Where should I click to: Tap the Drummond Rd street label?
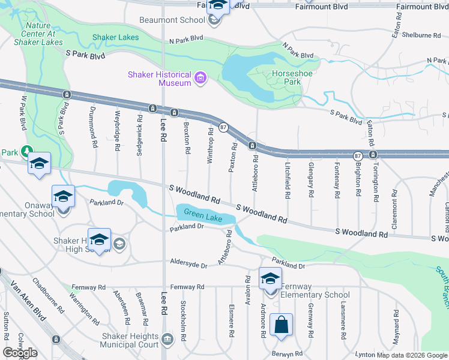coord(94,131)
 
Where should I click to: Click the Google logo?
coord(20,353)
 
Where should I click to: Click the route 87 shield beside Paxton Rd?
coord(223,127)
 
